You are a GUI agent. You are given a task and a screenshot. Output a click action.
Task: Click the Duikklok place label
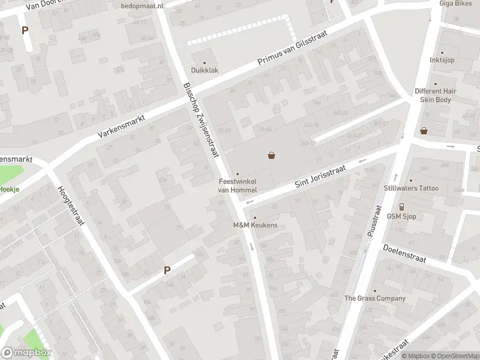[205, 70]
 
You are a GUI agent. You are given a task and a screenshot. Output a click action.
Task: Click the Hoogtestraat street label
[70, 205]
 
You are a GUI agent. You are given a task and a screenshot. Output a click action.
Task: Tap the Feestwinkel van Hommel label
[237, 185]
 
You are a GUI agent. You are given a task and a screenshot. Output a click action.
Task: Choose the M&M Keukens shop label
[255, 225]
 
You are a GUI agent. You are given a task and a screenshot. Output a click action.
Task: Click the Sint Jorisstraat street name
[321, 179]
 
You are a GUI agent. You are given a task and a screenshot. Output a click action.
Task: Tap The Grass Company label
[374, 298]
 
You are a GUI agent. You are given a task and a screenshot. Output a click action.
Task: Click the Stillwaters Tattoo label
[411, 188]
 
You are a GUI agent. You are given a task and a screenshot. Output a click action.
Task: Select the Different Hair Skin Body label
[435, 95]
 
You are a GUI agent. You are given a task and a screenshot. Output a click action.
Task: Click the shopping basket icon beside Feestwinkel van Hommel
[272, 156]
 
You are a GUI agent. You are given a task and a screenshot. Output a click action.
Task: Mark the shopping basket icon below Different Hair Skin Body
[424, 130]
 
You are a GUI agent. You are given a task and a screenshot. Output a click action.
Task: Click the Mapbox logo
[26, 353]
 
